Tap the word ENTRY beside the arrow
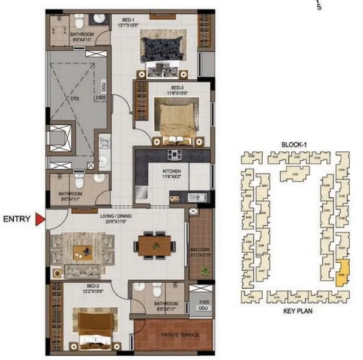(17, 220)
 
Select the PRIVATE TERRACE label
(174, 334)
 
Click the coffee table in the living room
(82, 251)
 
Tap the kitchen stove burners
(176, 156)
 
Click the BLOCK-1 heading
(293, 145)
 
